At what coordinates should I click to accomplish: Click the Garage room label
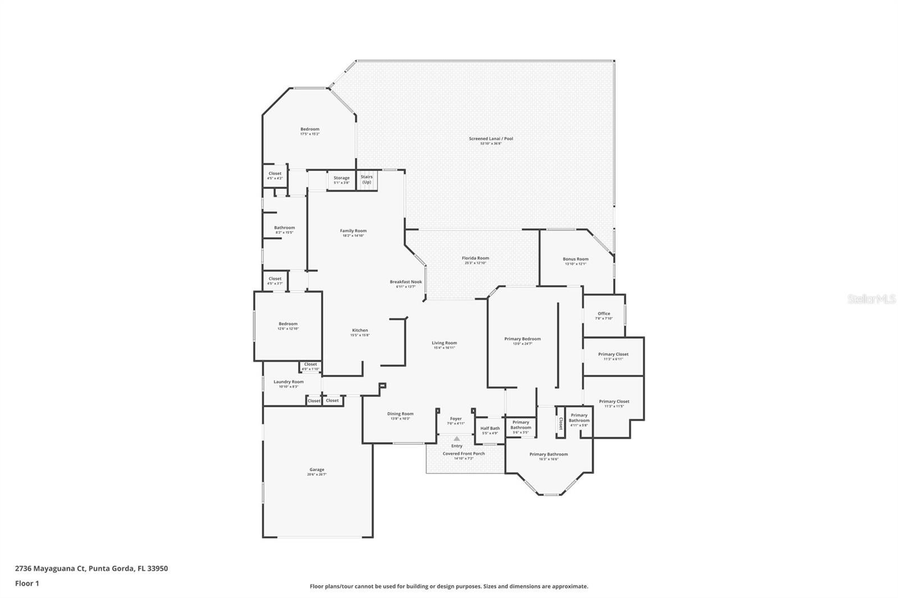tap(317, 470)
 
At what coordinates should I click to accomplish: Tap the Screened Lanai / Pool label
tap(491, 139)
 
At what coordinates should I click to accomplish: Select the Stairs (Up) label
tap(366, 180)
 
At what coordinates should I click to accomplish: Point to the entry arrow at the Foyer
tap(457, 439)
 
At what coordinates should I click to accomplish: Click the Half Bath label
tap(490, 428)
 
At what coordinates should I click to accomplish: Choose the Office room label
tap(604, 314)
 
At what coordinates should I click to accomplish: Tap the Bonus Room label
tap(575, 259)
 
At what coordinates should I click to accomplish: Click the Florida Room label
tap(475, 258)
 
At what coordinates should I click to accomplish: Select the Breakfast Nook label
tap(406, 282)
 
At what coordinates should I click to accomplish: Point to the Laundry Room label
tap(288, 381)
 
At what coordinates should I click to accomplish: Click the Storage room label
tap(341, 178)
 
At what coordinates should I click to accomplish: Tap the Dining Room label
tap(400, 413)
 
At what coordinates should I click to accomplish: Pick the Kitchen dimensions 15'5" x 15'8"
tap(360, 335)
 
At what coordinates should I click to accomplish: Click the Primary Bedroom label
tap(522, 339)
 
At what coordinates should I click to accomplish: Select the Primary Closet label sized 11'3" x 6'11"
tap(613, 354)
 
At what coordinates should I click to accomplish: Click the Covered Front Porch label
tap(464, 453)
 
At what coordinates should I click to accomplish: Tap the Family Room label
tap(353, 231)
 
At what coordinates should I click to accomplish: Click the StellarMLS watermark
tap(871, 300)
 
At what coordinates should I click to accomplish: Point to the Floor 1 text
tap(27, 583)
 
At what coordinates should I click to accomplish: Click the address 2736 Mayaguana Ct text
tap(50, 568)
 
